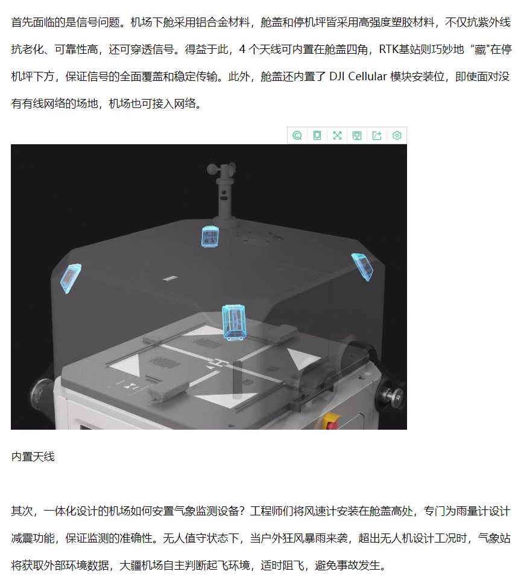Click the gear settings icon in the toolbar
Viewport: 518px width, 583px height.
[x=397, y=136]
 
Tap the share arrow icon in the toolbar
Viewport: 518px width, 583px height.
[x=377, y=136]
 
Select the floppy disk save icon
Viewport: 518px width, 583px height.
[x=357, y=136]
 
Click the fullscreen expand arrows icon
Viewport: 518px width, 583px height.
[x=337, y=136]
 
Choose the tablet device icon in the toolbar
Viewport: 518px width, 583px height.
[x=317, y=136]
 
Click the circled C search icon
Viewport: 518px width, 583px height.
[x=297, y=136]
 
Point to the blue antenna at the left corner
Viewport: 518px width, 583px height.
[x=70, y=278]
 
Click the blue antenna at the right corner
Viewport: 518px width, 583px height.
[x=362, y=266]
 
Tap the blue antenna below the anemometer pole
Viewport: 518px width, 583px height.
[x=210, y=237]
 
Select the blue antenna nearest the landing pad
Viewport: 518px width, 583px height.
[x=234, y=322]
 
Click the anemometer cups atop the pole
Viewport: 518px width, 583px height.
[x=221, y=169]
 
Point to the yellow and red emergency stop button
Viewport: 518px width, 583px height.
[x=332, y=421]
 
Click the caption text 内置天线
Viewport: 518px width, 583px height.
[x=33, y=457]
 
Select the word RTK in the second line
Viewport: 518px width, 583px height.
[x=389, y=49]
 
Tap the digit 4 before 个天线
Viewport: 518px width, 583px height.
[x=242, y=49]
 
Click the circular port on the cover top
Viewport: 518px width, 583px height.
[x=259, y=237]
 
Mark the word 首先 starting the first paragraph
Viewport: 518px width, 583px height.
[x=22, y=22]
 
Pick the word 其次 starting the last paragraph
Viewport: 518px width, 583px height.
[x=22, y=511]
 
